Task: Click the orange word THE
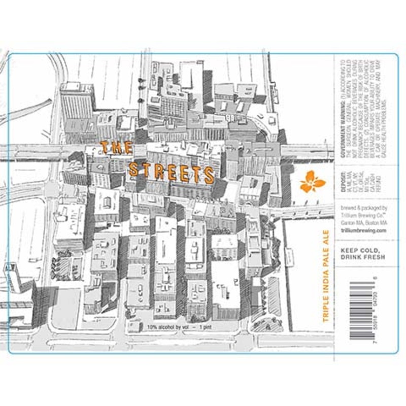click(116, 148)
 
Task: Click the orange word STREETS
click(172, 172)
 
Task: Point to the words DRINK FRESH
click(363, 257)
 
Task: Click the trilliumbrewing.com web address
click(364, 230)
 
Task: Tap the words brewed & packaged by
click(363, 208)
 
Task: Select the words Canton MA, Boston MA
click(363, 222)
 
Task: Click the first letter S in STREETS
click(133, 168)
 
